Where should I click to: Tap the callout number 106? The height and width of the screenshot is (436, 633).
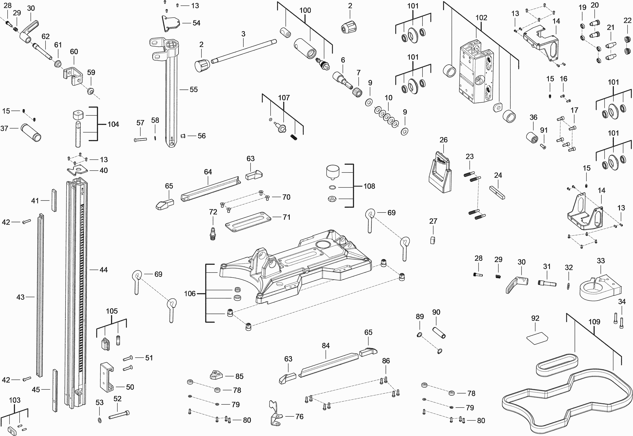click(190, 293)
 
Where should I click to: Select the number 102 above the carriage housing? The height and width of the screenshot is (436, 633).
click(481, 18)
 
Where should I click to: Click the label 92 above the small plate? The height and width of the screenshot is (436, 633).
click(535, 318)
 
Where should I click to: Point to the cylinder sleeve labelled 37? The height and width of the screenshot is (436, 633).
click(31, 132)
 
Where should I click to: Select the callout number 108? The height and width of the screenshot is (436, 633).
click(369, 186)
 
